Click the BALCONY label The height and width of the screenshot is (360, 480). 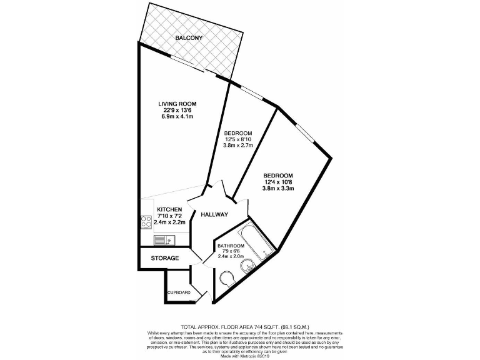click(x=188, y=38)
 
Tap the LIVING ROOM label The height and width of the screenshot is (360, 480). click(x=177, y=104)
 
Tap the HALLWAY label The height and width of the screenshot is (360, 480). click(x=214, y=215)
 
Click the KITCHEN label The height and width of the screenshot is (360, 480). click(x=169, y=209)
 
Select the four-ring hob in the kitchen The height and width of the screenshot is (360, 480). click(x=146, y=222)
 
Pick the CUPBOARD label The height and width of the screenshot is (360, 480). click(x=178, y=292)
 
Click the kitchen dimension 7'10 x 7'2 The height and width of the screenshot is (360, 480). click(x=169, y=216)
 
